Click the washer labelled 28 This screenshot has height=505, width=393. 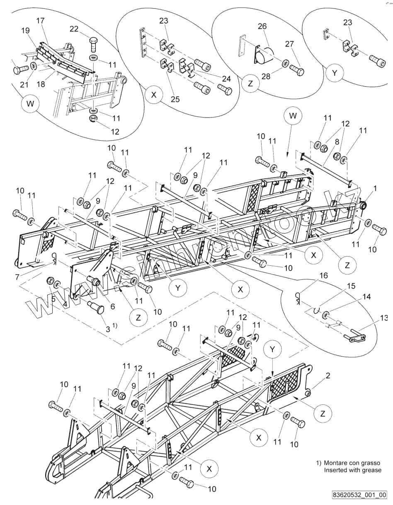285,64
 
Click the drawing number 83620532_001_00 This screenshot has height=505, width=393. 359,495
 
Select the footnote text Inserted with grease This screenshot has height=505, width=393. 352,470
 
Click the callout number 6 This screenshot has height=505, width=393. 112,307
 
